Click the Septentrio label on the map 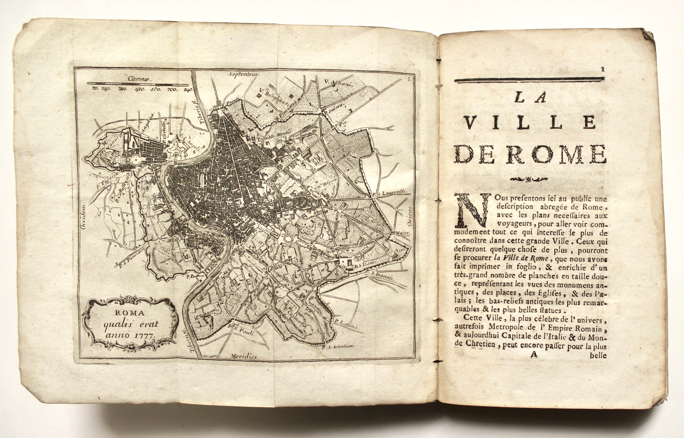243,74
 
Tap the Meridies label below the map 244,356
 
